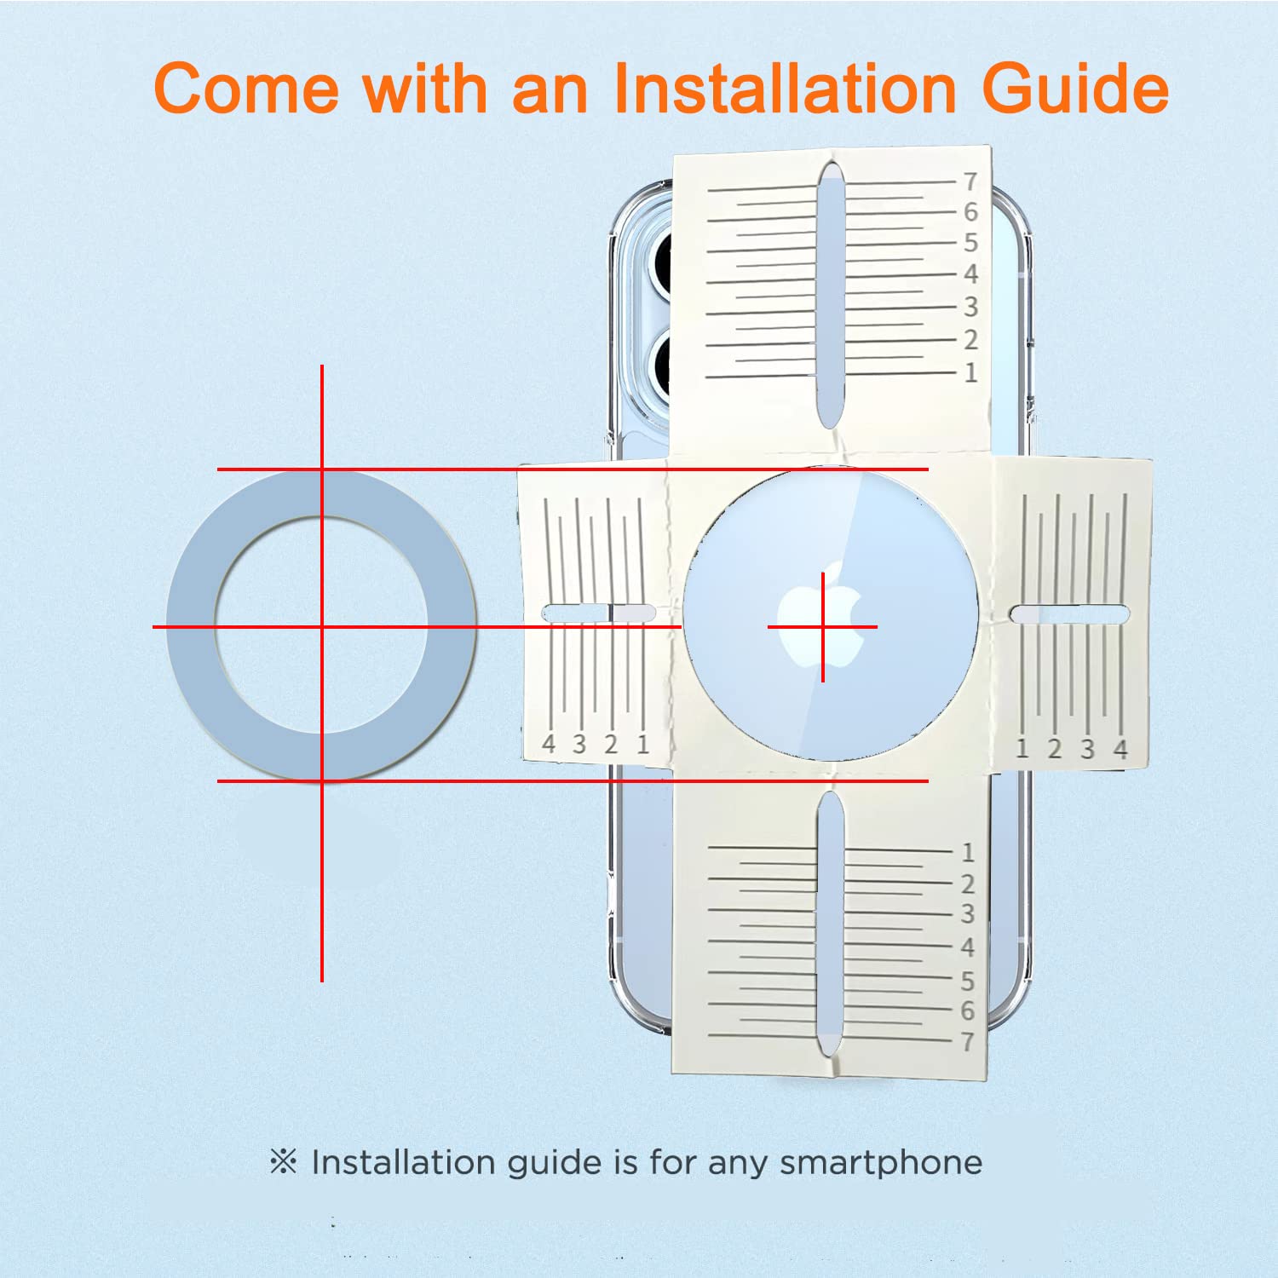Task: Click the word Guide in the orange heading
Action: [x=1075, y=88]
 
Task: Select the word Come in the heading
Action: [x=246, y=88]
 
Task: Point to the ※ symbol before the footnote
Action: [x=283, y=1161]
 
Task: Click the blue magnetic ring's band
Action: [x=192, y=626]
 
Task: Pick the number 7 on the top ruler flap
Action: [x=970, y=181]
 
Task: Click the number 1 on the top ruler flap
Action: [x=970, y=372]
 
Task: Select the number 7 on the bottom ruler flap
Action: [x=968, y=1041]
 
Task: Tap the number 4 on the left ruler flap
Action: [x=549, y=744]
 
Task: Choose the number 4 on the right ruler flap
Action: [x=1120, y=749]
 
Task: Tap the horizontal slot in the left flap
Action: [x=599, y=613]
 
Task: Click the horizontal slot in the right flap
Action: [x=1069, y=613]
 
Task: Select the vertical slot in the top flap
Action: [x=831, y=295]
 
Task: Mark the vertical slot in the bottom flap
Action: [x=830, y=926]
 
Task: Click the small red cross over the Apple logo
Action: [x=822, y=627]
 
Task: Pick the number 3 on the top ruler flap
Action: [x=970, y=307]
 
